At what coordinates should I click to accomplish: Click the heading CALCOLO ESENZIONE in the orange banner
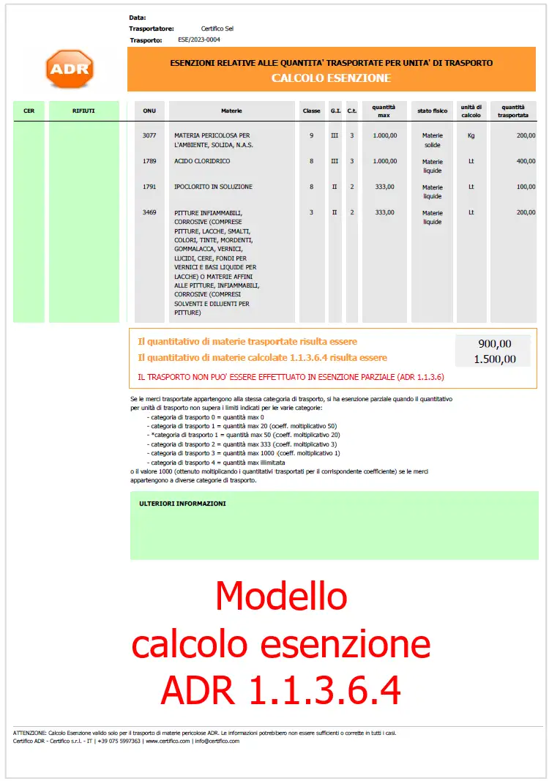331,78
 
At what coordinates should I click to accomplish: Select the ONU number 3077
149,135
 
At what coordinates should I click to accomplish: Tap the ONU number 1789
149,161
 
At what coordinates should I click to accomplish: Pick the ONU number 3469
149,212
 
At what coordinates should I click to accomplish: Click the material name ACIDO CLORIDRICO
202,161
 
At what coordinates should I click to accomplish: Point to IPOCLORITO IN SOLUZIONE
213,187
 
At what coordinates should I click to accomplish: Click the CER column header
29,111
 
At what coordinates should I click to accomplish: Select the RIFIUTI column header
83,111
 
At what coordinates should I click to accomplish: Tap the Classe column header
312,111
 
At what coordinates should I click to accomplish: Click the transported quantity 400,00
526,161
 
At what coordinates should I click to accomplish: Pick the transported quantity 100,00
526,187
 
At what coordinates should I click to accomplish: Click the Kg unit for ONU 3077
471,135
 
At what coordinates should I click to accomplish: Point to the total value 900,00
494,343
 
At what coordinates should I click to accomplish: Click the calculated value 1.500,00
494,359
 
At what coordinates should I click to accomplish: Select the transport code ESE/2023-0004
199,40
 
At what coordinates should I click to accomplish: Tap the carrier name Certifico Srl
217,29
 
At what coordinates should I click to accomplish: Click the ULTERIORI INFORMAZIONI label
182,504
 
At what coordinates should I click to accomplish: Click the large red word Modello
281,596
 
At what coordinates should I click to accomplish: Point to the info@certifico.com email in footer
216,741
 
